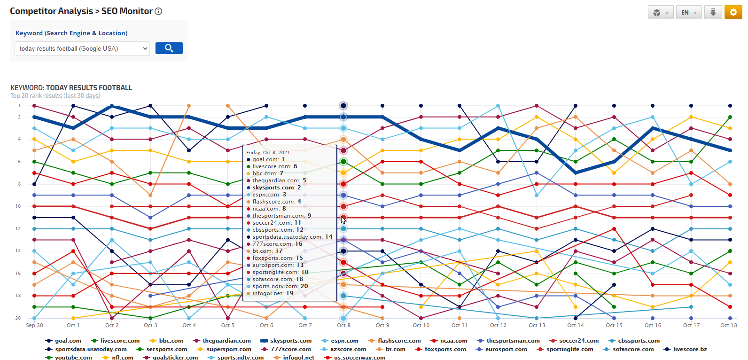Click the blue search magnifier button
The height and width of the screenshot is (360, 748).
(169, 48)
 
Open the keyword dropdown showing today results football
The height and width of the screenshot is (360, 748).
(82, 48)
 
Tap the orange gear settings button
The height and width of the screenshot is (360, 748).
(733, 13)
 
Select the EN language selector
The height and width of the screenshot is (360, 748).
(688, 13)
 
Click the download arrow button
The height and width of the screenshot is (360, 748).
(713, 13)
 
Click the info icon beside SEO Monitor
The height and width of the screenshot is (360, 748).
(158, 11)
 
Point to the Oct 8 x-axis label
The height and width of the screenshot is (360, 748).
(343, 325)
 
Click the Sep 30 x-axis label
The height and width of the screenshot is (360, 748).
(34, 325)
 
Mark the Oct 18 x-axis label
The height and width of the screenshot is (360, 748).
(729, 325)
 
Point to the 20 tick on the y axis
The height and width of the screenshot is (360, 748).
(18, 318)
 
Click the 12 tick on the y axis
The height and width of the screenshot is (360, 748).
(18, 229)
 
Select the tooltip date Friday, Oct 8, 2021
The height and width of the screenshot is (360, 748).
(268, 152)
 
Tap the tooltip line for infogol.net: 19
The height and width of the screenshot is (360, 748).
(273, 293)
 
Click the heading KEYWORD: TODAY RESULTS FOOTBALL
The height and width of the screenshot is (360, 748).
(71, 88)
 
